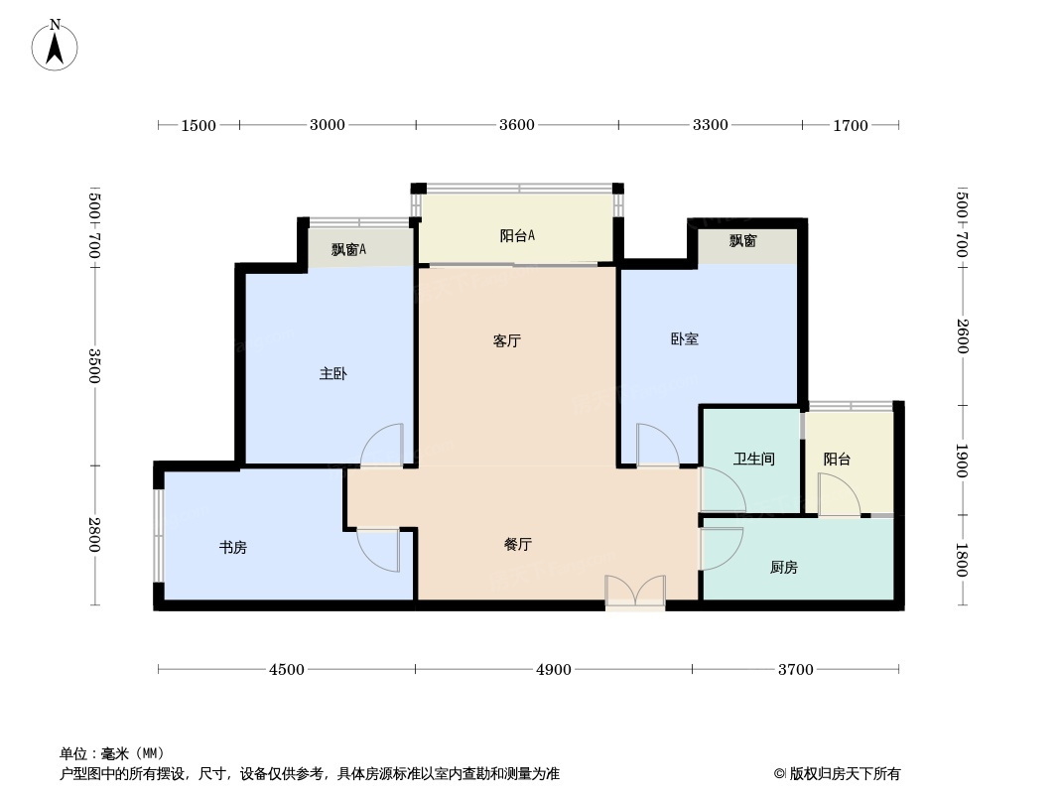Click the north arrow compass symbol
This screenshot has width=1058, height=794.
tap(55, 46)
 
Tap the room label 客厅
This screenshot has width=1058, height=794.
tap(507, 341)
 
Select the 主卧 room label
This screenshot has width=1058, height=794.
tap(333, 374)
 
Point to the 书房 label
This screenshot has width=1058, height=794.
tap(233, 548)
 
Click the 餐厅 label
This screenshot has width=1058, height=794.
tap(518, 545)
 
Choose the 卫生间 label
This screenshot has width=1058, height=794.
tap(754, 460)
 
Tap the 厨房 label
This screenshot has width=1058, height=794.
tap(784, 568)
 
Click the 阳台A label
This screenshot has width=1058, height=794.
tap(517, 235)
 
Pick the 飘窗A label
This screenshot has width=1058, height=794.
tap(348, 249)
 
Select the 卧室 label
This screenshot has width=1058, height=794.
tap(685, 339)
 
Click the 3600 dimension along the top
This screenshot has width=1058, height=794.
tap(517, 125)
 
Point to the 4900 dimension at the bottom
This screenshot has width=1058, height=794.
tap(553, 669)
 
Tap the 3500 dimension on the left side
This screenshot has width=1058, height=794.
tap(94, 365)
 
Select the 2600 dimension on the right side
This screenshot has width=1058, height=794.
tap(962, 335)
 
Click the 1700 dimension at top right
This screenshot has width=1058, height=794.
tap(851, 125)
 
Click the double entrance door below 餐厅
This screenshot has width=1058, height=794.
tap(635, 591)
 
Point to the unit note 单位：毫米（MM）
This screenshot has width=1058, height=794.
tap(112, 753)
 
